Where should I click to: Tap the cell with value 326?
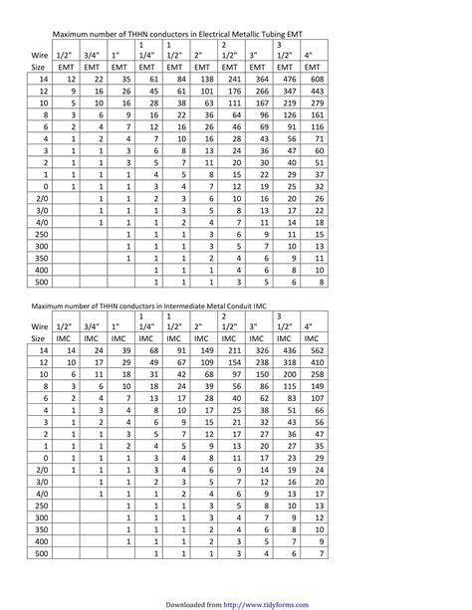tap(263, 352)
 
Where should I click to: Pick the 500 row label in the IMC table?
tap(43, 554)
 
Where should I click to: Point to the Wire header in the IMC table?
tap(41, 325)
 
